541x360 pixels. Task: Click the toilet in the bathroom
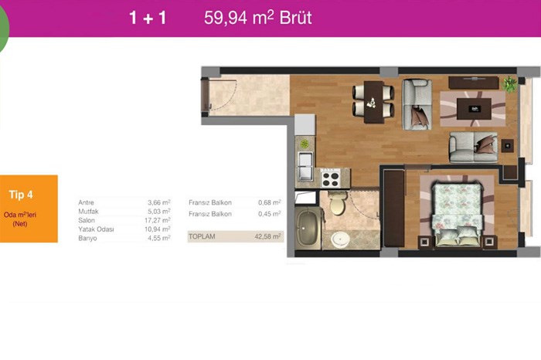click(x=338, y=202)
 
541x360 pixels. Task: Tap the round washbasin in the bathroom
click(x=341, y=239)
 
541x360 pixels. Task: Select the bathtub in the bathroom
click(x=308, y=229)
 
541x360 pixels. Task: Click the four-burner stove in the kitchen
click(x=331, y=178)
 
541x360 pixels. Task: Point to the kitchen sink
click(x=305, y=165)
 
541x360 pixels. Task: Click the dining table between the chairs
click(x=373, y=102)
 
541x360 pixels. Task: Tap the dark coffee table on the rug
click(x=474, y=109)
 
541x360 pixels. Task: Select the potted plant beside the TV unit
click(x=509, y=84)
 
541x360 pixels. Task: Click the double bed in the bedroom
click(x=458, y=215)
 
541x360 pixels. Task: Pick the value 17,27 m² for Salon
click(x=158, y=220)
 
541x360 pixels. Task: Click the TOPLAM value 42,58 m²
click(x=267, y=236)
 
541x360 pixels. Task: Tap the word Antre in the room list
click(x=86, y=202)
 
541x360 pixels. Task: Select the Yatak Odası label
click(x=96, y=229)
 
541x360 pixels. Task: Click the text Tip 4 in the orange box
click(x=21, y=195)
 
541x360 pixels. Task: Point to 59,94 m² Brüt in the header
click(x=257, y=18)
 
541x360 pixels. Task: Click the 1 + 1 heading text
click(x=148, y=18)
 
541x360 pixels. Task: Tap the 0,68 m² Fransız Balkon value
click(x=270, y=202)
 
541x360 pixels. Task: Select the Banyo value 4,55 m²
click(x=159, y=238)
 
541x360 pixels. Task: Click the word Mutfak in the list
click(x=88, y=212)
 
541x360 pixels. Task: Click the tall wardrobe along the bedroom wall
click(x=393, y=209)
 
